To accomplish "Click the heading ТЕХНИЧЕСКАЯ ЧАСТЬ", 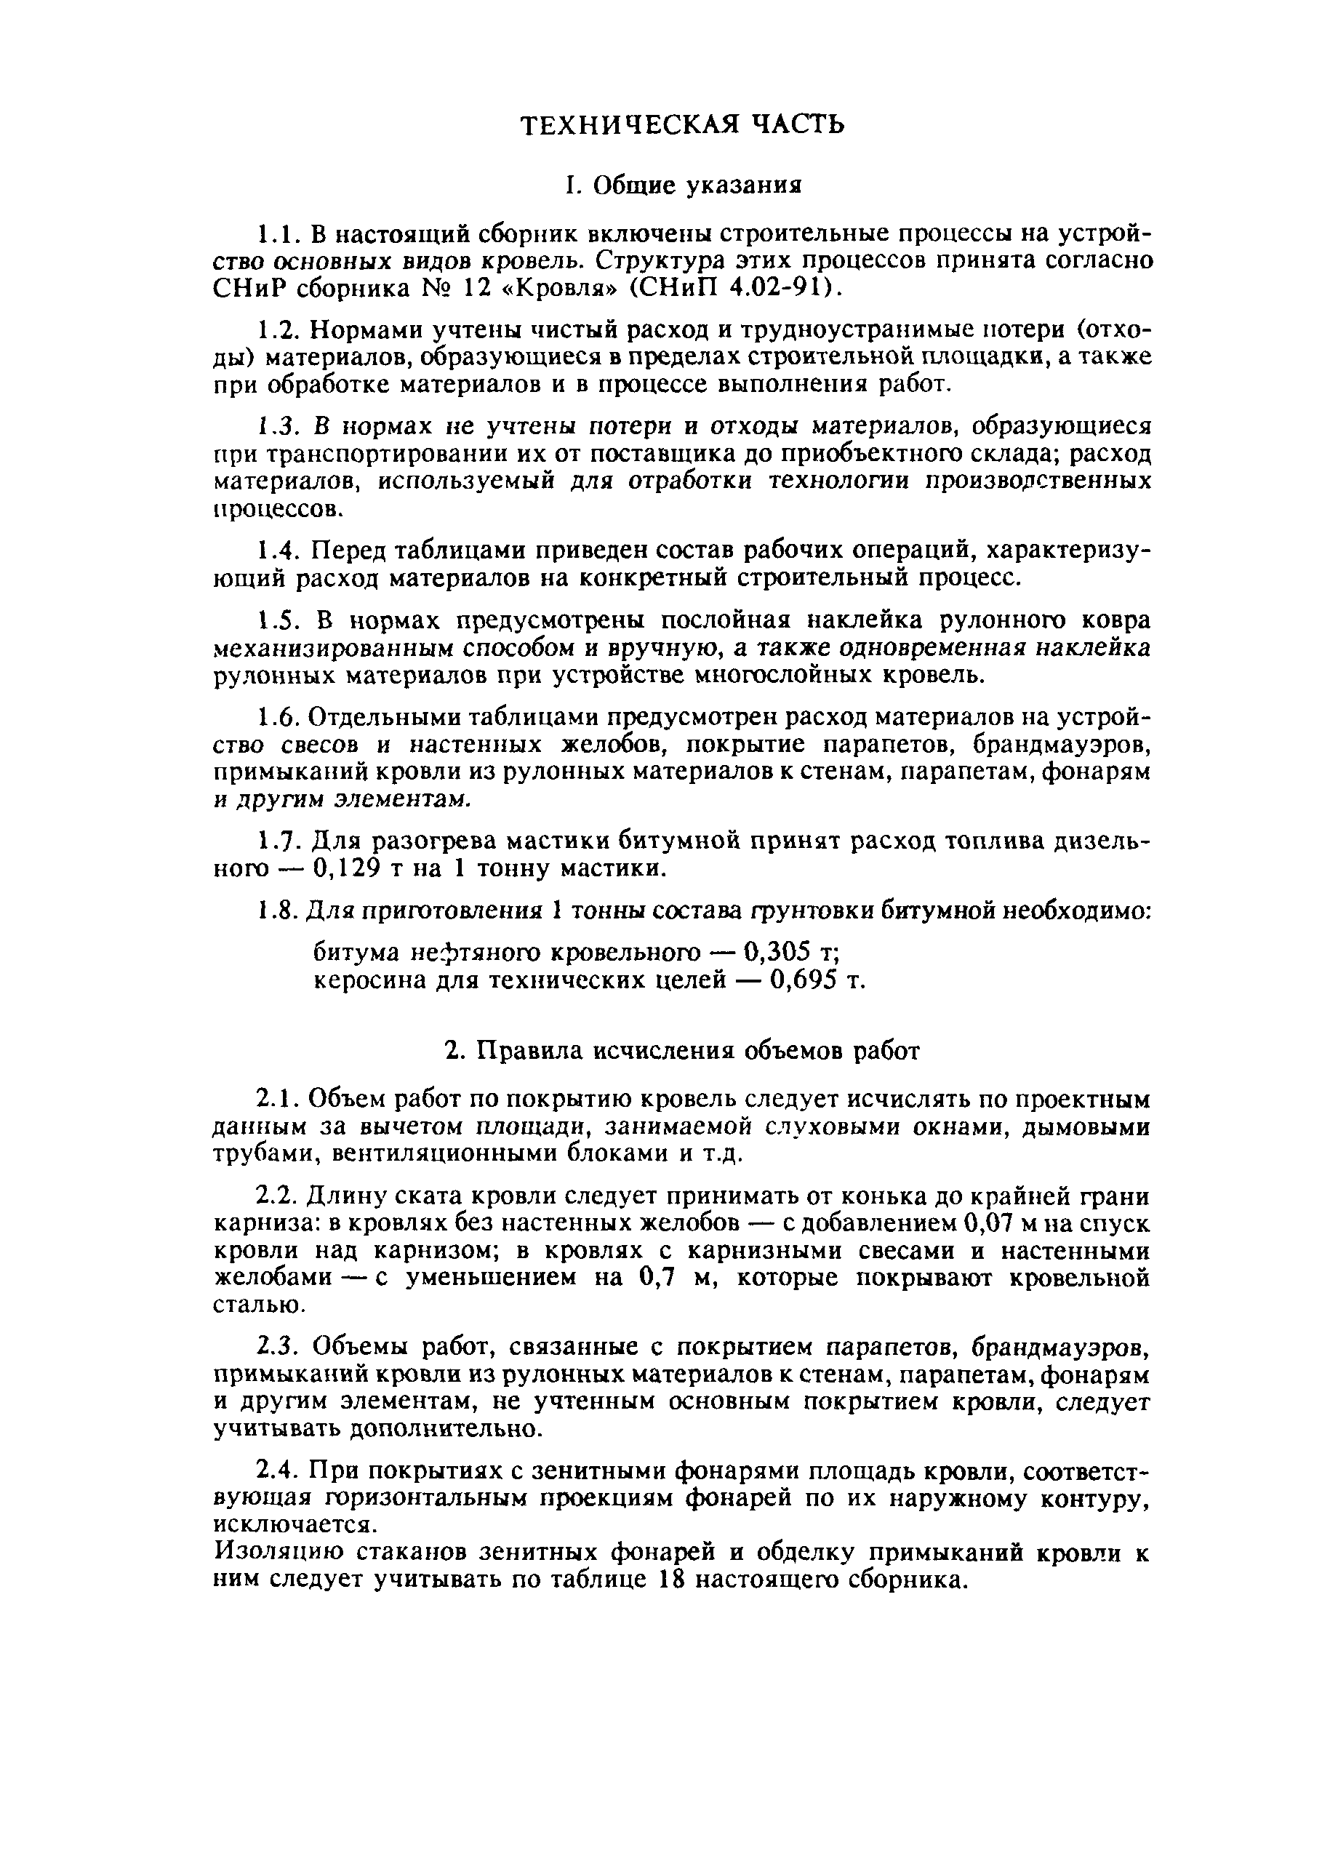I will [683, 124].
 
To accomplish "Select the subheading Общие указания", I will [683, 186].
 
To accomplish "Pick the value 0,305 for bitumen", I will [778, 953].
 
